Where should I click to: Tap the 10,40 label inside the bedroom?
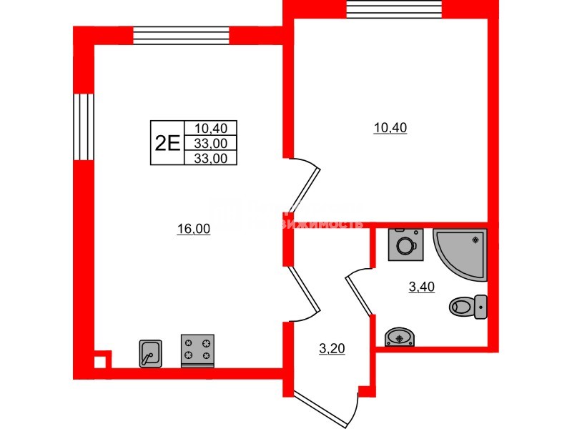click(x=390, y=128)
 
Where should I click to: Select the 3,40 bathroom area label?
click(x=421, y=287)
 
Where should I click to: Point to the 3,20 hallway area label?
click(x=332, y=349)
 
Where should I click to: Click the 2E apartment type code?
click(x=167, y=143)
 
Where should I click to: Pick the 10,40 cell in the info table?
click(x=210, y=129)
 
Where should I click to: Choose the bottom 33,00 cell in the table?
click(x=210, y=159)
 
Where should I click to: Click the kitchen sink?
click(x=150, y=352)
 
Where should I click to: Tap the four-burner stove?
click(x=198, y=350)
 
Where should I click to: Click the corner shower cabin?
click(x=463, y=252)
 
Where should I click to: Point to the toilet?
click(x=469, y=307)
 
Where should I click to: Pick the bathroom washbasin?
click(x=399, y=337)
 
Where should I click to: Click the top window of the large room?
click(x=182, y=36)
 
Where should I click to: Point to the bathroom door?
click(x=360, y=293)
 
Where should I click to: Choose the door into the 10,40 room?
click(x=306, y=184)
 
